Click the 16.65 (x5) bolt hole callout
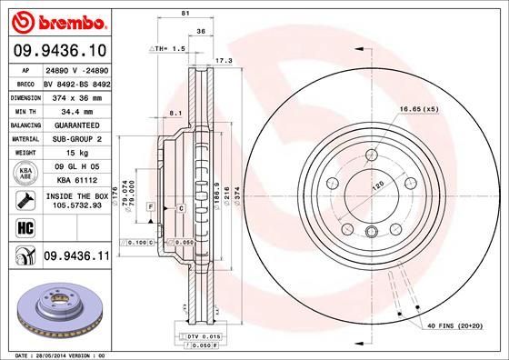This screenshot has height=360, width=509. tap(419, 110)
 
